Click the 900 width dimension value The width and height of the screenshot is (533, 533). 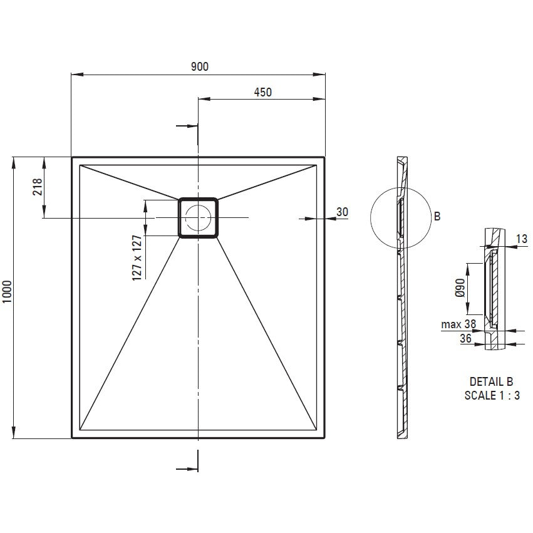[200, 66]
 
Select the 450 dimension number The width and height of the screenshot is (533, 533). [263, 92]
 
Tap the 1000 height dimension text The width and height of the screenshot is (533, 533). [7, 292]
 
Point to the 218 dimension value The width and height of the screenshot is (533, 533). [38, 187]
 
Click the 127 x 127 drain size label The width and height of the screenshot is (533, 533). [137, 258]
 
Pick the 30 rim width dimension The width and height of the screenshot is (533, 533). [343, 212]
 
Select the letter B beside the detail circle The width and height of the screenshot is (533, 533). [437, 216]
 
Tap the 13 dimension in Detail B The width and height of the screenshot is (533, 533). [522, 239]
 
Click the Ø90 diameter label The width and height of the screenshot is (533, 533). [460, 287]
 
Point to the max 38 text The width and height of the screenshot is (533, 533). [458, 324]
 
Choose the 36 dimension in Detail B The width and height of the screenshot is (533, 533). [466, 338]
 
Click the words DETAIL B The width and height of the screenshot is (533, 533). [491, 381]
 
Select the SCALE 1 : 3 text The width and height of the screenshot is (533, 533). [492, 395]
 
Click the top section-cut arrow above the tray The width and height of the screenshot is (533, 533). [187, 126]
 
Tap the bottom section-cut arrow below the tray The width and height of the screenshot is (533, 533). [187, 470]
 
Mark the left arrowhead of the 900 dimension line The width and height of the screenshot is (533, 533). [77, 75]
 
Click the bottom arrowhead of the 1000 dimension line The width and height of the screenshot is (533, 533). [14, 432]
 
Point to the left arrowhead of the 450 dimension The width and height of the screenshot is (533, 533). [204, 99]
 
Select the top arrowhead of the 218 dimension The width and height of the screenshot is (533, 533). [44, 163]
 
